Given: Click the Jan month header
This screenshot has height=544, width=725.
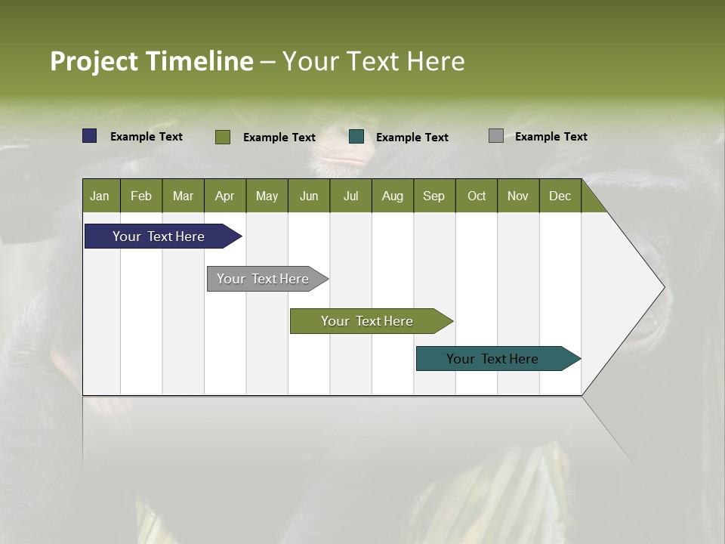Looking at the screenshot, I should (x=100, y=196).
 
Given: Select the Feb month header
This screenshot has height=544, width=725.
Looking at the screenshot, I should (x=141, y=196).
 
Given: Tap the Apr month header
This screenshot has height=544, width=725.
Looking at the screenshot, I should (x=225, y=196).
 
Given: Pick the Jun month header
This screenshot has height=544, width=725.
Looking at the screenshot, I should (x=309, y=196).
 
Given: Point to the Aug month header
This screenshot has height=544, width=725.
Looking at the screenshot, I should (x=393, y=196).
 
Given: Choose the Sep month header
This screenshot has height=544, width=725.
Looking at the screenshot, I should (x=434, y=196).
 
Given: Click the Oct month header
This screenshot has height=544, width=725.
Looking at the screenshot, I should (x=477, y=196).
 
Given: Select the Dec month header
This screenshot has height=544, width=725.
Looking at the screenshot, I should (x=560, y=196).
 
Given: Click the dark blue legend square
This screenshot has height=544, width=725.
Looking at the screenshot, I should (x=90, y=136).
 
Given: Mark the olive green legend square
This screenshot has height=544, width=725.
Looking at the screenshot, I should (x=223, y=137).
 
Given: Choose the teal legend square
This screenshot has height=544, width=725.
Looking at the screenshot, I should (x=356, y=137).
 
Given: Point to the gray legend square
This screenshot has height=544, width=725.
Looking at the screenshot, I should (x=496, y=136).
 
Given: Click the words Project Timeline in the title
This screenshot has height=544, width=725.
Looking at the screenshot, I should (x=151, y=61).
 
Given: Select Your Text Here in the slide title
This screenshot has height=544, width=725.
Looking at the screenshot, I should (x=374, y=61).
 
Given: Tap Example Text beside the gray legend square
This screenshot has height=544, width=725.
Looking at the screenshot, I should (x=551, y=137).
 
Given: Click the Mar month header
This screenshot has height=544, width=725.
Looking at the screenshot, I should (x=184, y=196).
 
